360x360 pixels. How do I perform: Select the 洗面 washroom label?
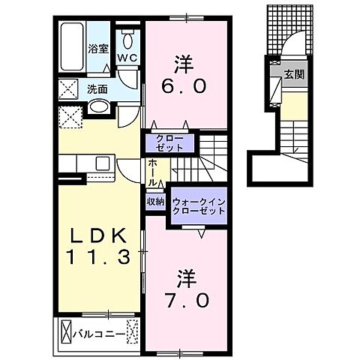pyautogui.click(x=97, y=88)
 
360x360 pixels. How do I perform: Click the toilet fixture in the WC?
pyautogui.click(x=127, y=39)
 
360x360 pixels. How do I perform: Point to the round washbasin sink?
pyautogui.click(x=98, y=107)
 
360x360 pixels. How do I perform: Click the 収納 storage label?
pyautogui.click(x=155, y=201)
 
